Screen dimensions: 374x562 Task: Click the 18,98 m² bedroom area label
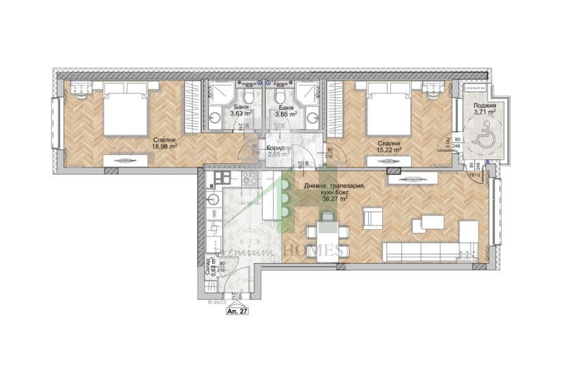click(x=165, y=143)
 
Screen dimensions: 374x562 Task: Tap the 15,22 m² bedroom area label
click(x=388, y=145)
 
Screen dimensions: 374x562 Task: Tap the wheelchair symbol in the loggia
click(x=483, y=138)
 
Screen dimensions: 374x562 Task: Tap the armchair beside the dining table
click(x=373, y=220)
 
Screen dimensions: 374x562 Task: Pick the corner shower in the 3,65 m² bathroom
click(x=307, y=94)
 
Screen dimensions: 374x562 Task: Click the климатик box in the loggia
click(x=476, y=88)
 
